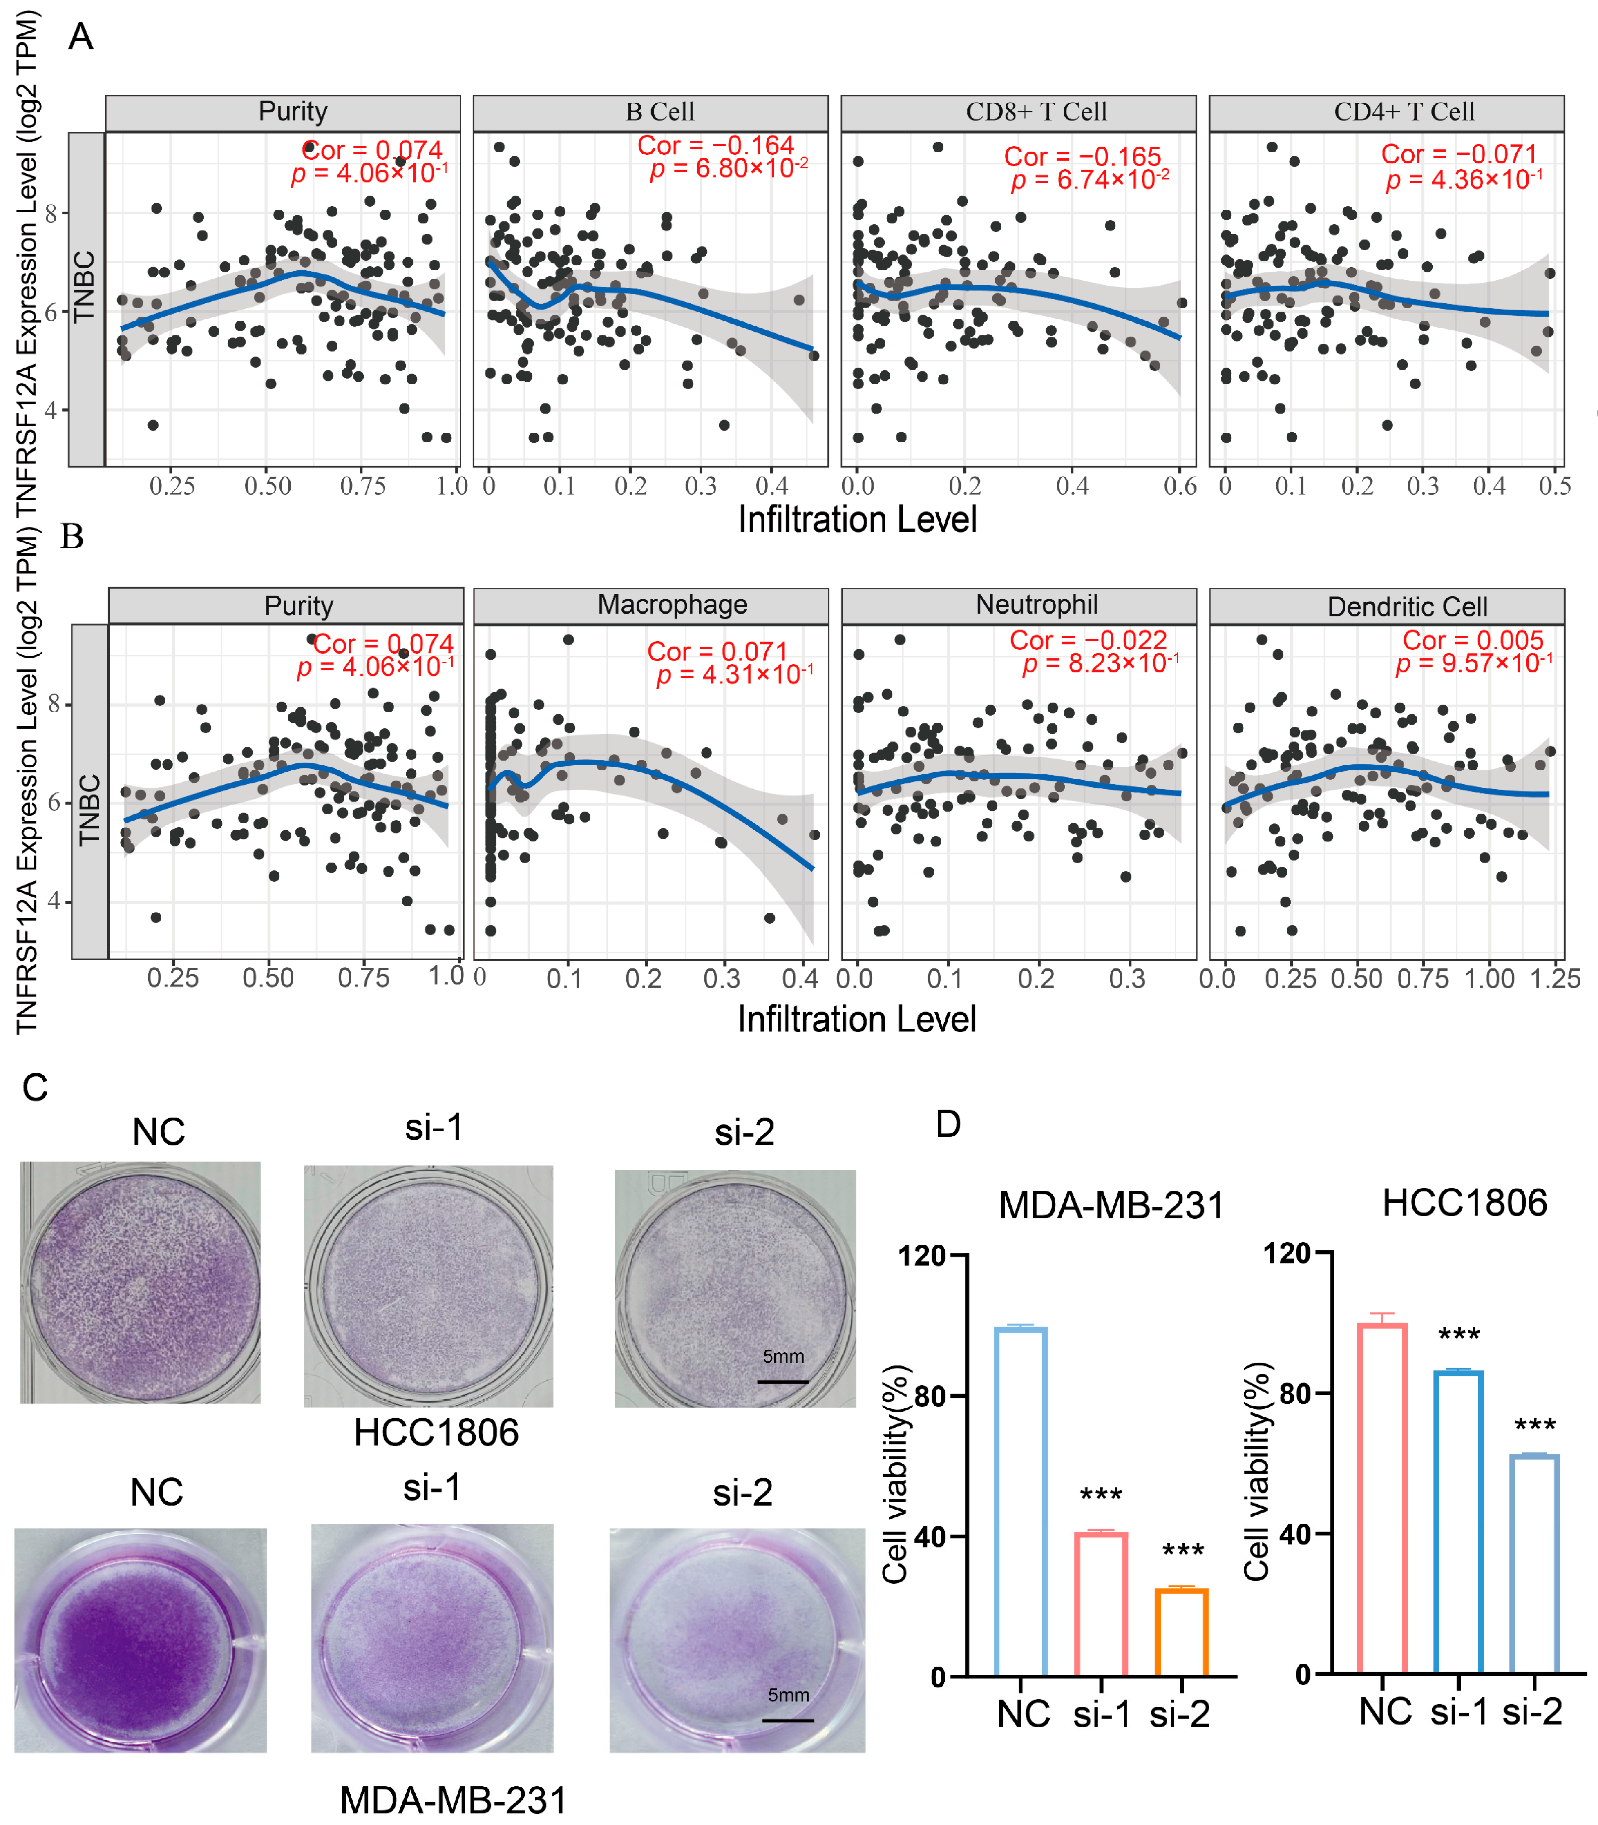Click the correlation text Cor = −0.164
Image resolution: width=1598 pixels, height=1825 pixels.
pyautogui.click(x=715, y=145)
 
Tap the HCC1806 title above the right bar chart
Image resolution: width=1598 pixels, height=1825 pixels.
pyautogui.click(x=1464, y=1204)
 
